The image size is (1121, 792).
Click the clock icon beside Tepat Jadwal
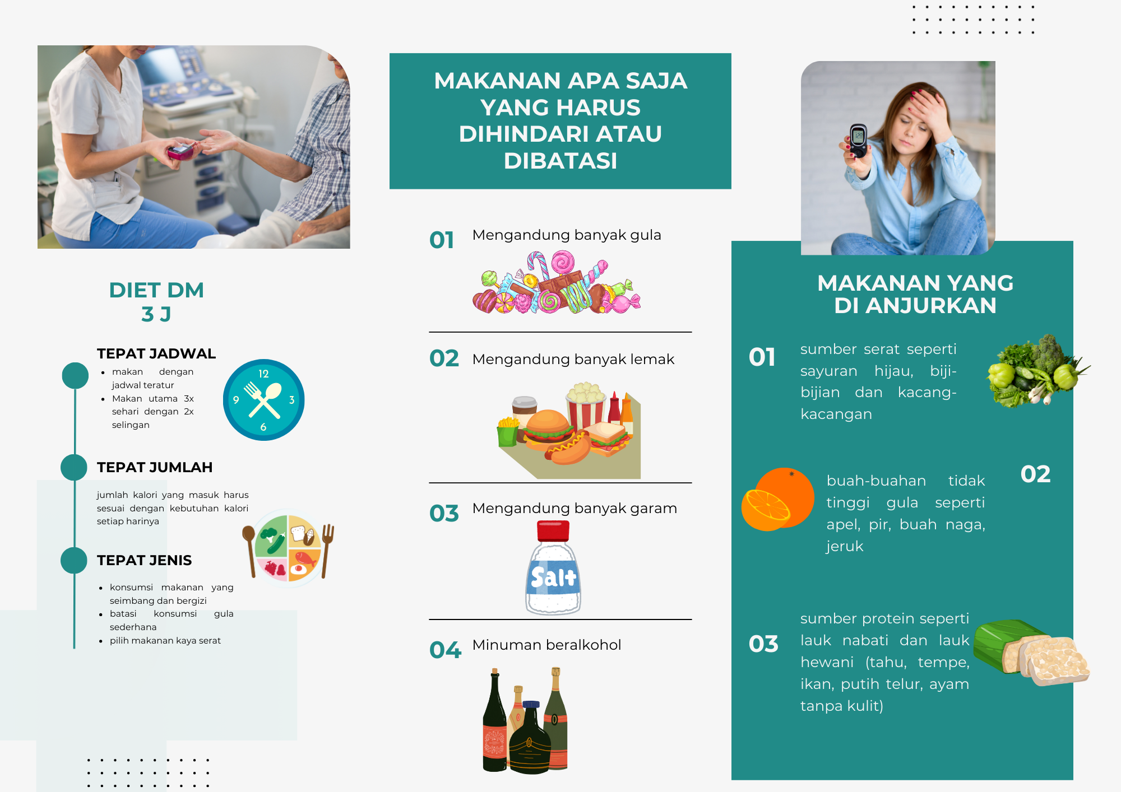click(263, 400)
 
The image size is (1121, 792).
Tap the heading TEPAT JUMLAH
click(155, 467)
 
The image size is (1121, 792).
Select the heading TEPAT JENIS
click(144, 560)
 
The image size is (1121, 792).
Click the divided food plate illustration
click(288, 548)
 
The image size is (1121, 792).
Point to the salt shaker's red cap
click(553, 530)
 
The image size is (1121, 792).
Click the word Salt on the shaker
click(553, 577)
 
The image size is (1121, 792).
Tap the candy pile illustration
click(556, 282)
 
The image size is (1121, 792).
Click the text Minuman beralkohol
click(546, 645)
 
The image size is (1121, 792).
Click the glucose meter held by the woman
click(858, 141)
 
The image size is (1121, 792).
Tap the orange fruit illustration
click(777, 499)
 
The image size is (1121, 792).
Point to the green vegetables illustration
click(1037, 371)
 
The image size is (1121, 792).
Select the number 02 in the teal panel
click(1035, 474)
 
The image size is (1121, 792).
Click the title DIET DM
click(156, 290)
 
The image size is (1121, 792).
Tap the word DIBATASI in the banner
click(560, 161)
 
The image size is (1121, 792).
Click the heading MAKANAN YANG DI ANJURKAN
click(915, 294)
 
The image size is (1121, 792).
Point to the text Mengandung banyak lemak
click(573, 359)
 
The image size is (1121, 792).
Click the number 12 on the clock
click(263, 374)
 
